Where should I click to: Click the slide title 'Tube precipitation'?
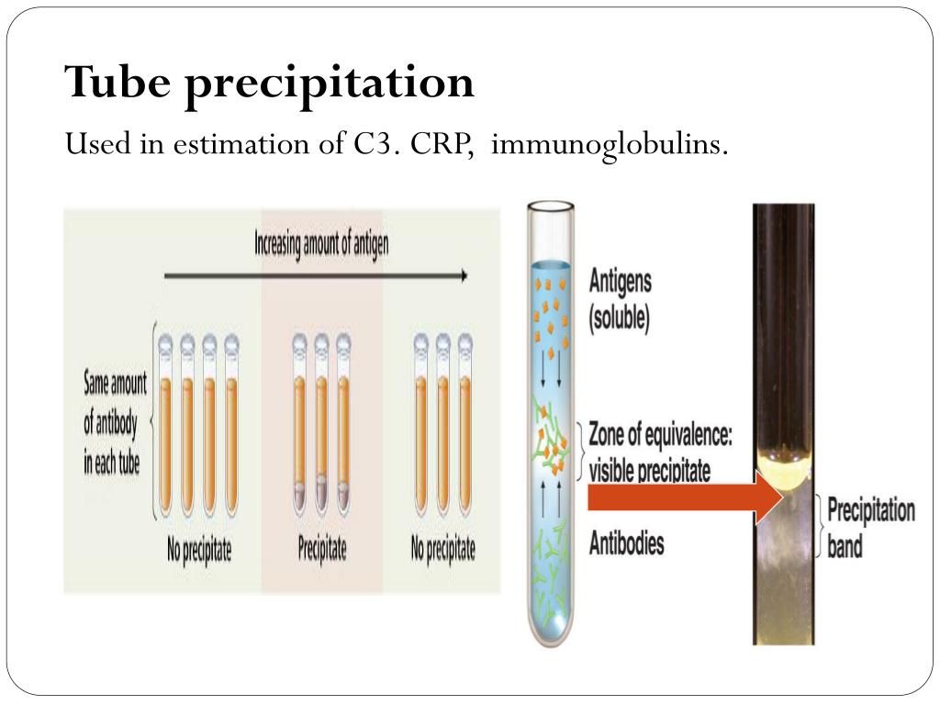(x=270, y=84)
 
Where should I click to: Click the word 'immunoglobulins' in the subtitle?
(x=610, y=144)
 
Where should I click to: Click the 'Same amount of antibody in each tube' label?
(x=112, y=422)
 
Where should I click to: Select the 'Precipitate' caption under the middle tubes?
(x=322, y=550)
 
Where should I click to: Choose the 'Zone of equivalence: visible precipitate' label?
(x=660, y=452)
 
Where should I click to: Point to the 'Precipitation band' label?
(x=870, y=528)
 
